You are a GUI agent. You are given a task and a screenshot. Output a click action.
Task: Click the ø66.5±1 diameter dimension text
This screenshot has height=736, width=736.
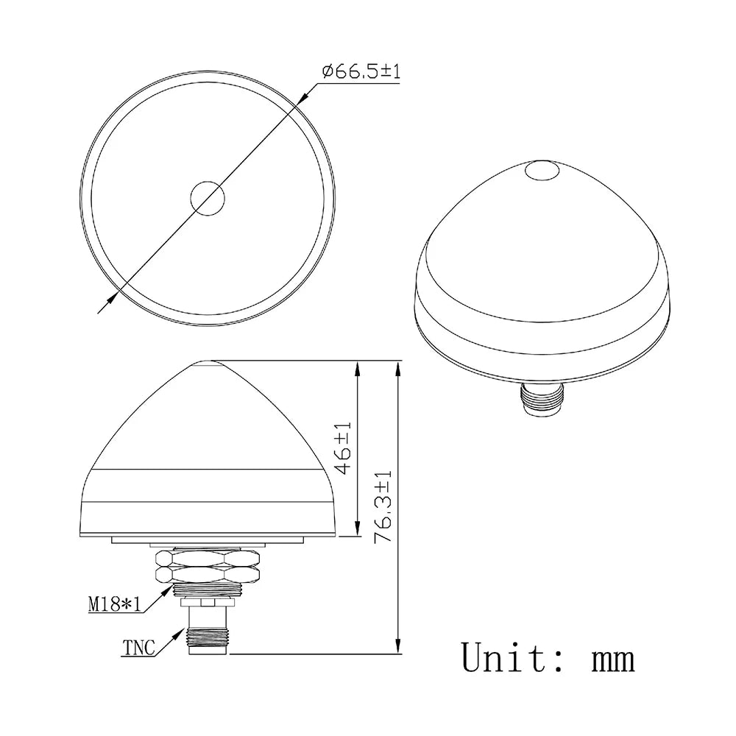(x=361, y=72)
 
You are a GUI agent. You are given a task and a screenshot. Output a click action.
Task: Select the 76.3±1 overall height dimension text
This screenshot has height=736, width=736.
(x=384, y=507)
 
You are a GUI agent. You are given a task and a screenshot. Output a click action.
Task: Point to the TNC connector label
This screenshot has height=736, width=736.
(x=138, y=648)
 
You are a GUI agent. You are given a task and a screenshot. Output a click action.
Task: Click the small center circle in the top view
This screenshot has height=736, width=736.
(x=207, y=197)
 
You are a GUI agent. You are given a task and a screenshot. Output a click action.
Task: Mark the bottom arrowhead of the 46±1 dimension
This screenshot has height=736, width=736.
(x=358, y=531)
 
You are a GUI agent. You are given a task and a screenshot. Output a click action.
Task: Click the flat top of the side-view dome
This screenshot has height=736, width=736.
(x=207, y=362)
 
